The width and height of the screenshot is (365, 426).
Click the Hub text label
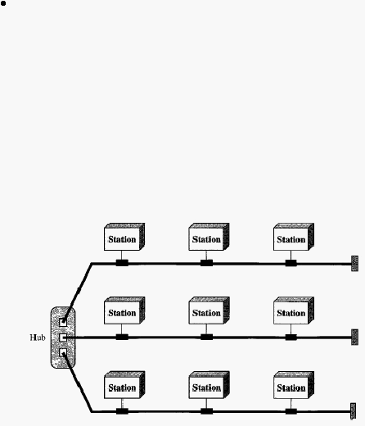(x=38, y=338)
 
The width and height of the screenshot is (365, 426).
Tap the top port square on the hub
(x=63, y=323)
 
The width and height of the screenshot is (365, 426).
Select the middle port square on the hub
(x=63, y=338)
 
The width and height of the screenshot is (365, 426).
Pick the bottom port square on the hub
(x=63, y=352)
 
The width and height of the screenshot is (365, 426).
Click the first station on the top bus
(x=124, y=237)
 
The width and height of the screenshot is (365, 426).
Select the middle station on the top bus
(x=209, y=237)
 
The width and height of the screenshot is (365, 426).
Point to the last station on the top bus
(x=294, y=237)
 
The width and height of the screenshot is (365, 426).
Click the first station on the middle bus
(x=124, y=310)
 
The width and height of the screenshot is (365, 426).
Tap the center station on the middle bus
(x=209, y=310)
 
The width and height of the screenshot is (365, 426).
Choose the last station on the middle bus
(x=294, y=310)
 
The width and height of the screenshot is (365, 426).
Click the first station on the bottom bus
(x=124, y=385)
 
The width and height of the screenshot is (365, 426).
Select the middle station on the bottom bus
(x=209, y=385)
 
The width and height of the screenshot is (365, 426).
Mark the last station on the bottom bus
(x=294, y=385)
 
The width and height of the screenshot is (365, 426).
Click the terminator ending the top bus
(x=354, y=264)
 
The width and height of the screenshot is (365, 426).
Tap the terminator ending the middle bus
(x=354, y=338)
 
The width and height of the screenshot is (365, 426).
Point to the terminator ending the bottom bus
(x=353, y=411)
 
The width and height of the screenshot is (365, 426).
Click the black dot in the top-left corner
(x=3, y=3)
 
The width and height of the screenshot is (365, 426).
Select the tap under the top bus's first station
(x=122, y=263)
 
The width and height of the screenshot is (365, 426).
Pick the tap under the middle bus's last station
(x=291, y=337)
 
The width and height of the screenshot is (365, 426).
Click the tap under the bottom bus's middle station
(x=206, y=411)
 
